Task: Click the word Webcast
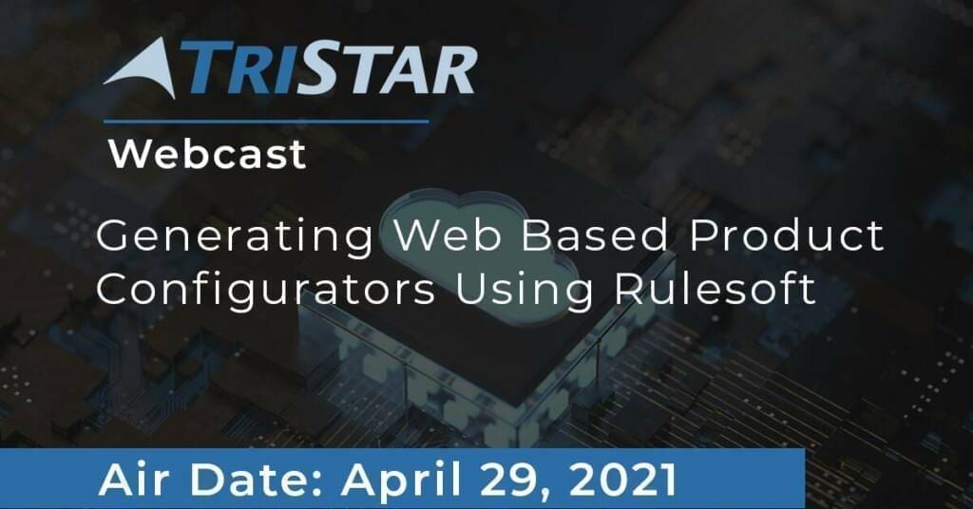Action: click(207, 154)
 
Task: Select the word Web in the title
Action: click(448, 235)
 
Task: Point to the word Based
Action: click(595, 235)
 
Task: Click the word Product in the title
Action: click(787, 235)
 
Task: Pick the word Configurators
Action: click(266, 291)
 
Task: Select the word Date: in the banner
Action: click(257, 480)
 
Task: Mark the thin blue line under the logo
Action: click(266, 122)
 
